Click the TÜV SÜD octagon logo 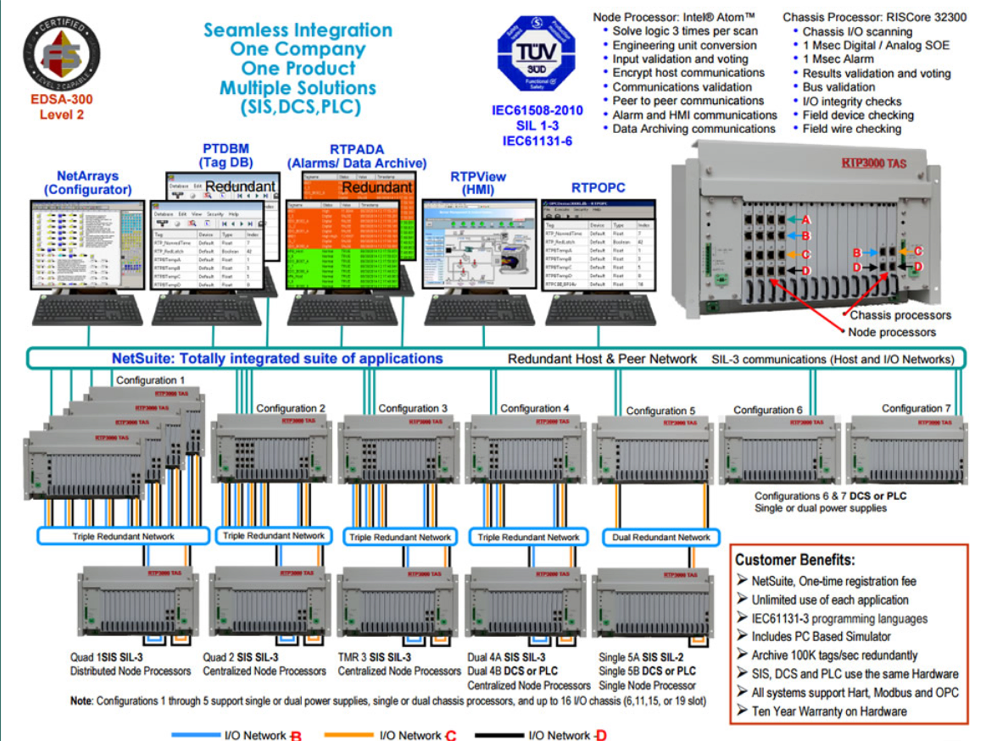pos(536,54)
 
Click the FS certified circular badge pos(61,54)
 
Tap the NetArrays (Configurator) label pos(87,183)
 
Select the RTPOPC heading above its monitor pos(598,188)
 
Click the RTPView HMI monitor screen pos(479,244)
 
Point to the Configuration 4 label pos(534,408)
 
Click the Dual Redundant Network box pos(661,537)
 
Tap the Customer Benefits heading pos(795,559)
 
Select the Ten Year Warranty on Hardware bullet pos(828,711)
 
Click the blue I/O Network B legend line pos(196,735)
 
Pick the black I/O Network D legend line pos(499,735)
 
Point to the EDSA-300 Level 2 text pos(62,107)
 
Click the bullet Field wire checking pos(851,129)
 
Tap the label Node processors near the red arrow pos(891,332)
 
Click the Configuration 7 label pos(915,408)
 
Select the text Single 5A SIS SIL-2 pos(641,657)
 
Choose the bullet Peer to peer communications pos(687,101)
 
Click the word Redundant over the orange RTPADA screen pos(377,187)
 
